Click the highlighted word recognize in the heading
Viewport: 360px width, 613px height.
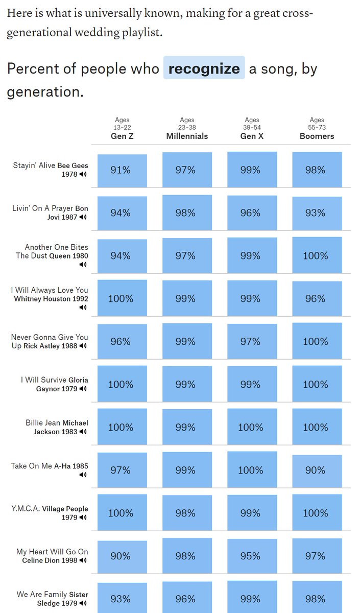click(204, 68)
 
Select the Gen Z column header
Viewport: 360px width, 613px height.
click(122, 136)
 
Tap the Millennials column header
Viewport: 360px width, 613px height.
click(187, 136)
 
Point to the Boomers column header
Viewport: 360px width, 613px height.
click(317, 136)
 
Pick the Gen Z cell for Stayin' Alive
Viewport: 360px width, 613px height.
click(121, 170)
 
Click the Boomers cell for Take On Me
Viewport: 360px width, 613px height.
click(316, 470)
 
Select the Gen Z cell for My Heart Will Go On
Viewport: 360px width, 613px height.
click(121, 556)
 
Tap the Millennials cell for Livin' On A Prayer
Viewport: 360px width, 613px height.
click(186, 213)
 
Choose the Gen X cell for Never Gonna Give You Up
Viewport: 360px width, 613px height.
click(251, 341)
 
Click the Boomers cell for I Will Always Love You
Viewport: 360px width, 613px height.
click(316, 298)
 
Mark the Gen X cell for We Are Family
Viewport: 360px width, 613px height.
click(251, 599)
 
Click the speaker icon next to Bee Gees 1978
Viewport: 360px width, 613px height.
click(83, 174)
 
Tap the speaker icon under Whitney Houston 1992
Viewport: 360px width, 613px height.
click(83, 308)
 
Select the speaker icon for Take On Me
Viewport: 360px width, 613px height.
click(83, 475)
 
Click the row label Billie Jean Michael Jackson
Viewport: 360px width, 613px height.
click(57, 427)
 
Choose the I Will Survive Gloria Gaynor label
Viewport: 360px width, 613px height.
click(54, 384)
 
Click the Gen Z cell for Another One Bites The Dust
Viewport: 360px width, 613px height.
click(121, 255)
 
